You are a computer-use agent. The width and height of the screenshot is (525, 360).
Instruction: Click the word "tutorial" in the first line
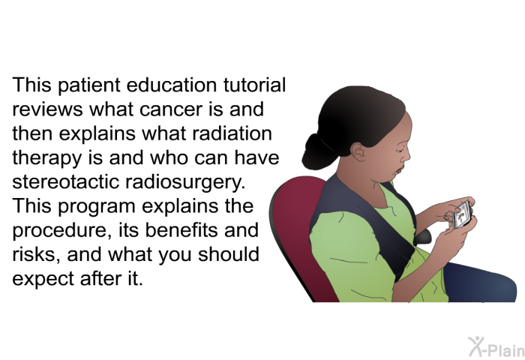point(254,85)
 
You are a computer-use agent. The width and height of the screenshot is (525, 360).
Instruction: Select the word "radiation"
point(232,133)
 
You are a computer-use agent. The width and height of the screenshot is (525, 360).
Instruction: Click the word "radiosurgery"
point(185,183)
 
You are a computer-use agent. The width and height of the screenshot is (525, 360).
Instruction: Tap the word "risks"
point(37,254)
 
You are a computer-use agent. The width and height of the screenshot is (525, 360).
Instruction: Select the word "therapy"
point(46,159)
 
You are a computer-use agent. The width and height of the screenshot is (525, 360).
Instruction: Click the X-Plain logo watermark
point(496,346)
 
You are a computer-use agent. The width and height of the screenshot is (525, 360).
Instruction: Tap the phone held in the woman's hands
point(463,214)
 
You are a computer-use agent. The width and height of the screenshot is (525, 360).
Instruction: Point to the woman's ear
point(358,151)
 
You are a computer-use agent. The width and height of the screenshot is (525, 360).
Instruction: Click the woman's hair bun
point(317,152)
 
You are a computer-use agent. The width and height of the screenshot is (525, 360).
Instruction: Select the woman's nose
point(406,157)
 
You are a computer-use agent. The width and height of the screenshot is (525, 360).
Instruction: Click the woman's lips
point(398,170)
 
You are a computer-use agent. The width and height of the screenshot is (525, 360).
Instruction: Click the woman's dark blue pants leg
point(479,283)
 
